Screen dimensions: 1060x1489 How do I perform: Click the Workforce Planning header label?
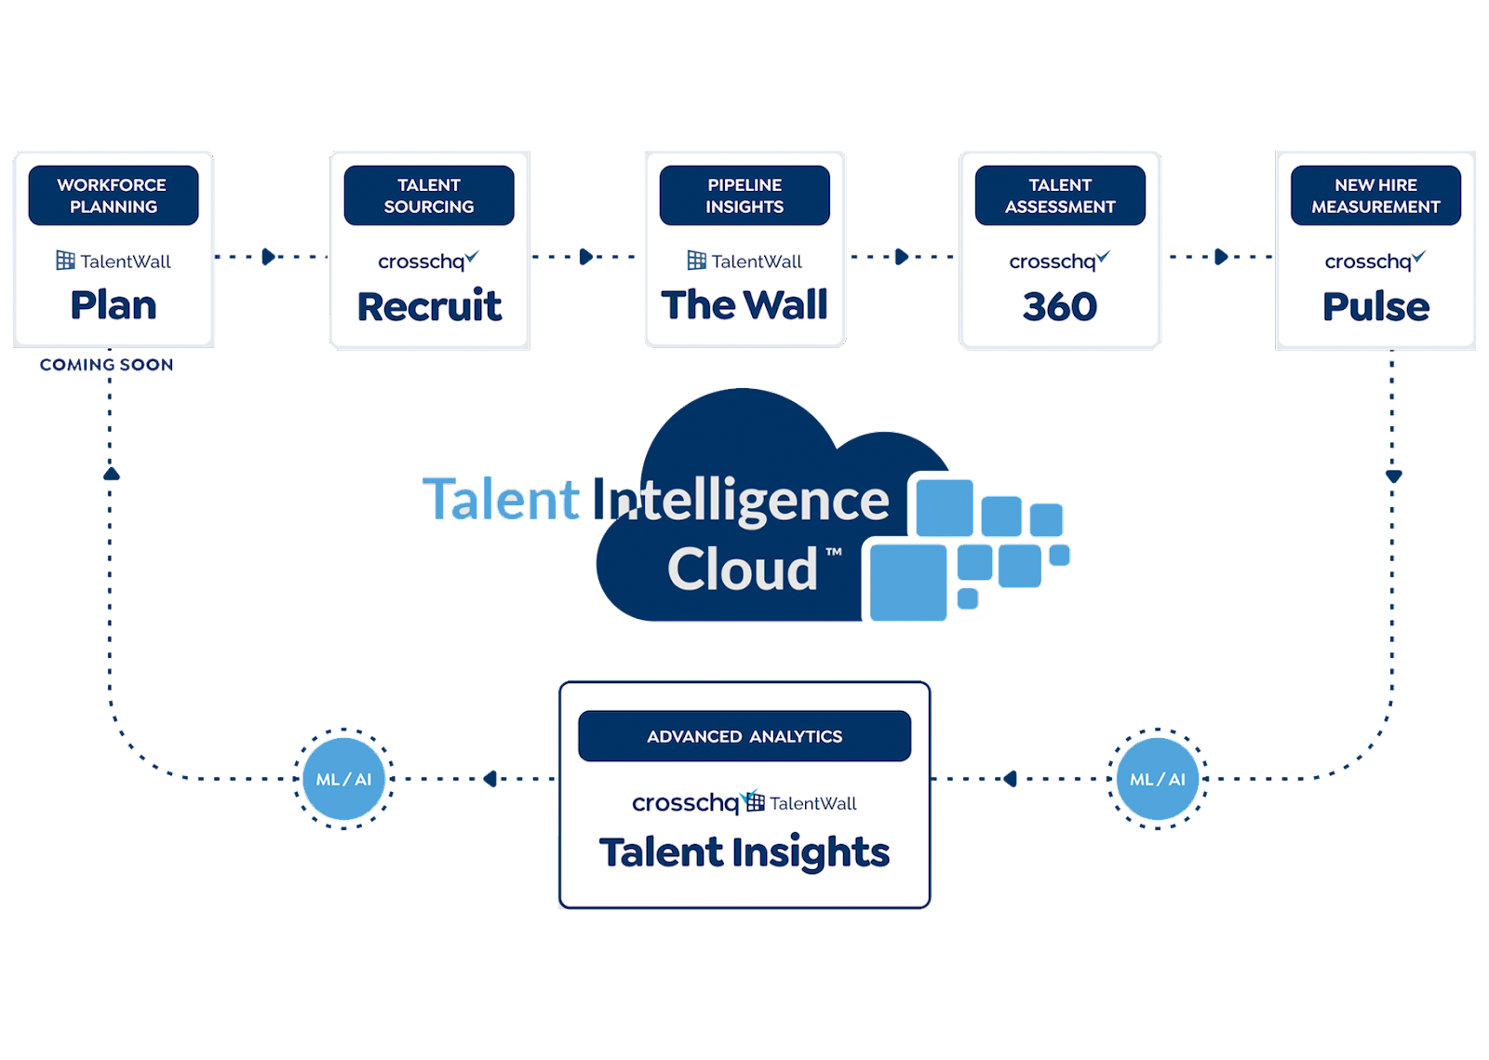[x=113, y=195]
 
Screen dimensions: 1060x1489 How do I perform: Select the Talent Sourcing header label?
[x=429, y=195]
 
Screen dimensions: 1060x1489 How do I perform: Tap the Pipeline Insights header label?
[x=744, y=195]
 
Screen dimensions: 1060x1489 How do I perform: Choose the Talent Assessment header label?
[x=1060, y=195]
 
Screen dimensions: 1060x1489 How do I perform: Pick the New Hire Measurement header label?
[x=1375, y=195]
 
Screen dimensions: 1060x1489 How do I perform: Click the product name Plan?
[x=114, y=305]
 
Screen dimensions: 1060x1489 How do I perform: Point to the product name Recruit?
[x=429, y=306]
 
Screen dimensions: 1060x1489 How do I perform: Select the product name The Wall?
[x=744, y=305]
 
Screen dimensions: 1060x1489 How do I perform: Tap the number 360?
[x=1060, y=306]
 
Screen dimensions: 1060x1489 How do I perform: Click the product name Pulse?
[x=1375, y=306]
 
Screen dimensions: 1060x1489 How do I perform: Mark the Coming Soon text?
[x=107, y=365]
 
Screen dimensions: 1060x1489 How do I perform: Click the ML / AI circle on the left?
[x=343, y=779]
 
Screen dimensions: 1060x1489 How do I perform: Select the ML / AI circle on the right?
[x=1158, y=779]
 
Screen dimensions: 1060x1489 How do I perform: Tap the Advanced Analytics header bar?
[x=744, y=736]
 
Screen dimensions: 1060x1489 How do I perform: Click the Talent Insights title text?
[x=744, y=852]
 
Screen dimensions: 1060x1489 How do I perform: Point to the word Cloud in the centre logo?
[x=743, y=569]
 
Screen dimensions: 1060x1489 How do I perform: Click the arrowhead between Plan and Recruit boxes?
[x=270, y=257]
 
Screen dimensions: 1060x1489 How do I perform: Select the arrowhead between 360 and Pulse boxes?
[x=1221, y=257]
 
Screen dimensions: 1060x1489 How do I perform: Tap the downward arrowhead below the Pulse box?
[x=1393, y=476]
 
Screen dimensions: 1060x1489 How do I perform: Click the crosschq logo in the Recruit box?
[x=427, y=262]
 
